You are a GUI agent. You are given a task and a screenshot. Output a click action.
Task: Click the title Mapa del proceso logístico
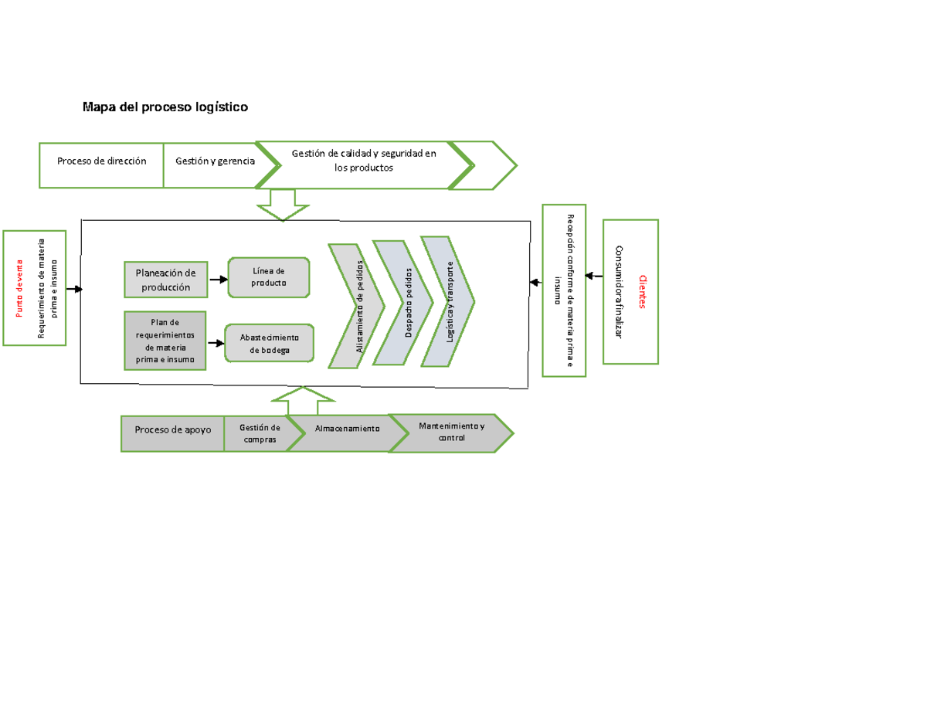(x=165, y=107)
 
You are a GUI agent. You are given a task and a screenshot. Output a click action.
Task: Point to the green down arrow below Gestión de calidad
(x=283, y=205)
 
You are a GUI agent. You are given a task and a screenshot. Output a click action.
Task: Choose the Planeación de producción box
(x=165, y=280)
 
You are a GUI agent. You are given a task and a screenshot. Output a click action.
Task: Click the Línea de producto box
(x=269, y=277)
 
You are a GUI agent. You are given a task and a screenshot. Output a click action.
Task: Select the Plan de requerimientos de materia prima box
(x=165, y=341)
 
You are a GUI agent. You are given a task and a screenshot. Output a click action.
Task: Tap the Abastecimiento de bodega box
(x=270, y=343)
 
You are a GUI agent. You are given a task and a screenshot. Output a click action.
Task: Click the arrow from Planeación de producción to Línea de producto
(x=218, y=280)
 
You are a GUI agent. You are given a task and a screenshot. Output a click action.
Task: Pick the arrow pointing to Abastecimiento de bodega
(x=216, y=343)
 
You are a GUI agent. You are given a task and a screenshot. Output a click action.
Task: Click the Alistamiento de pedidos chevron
(x=357, y=306)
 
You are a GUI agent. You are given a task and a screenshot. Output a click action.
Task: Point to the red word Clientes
(x=641, y=291)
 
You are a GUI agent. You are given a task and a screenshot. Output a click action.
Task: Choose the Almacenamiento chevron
(x=347, y=428)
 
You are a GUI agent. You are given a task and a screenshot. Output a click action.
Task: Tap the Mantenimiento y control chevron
(x=452, y=433)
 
